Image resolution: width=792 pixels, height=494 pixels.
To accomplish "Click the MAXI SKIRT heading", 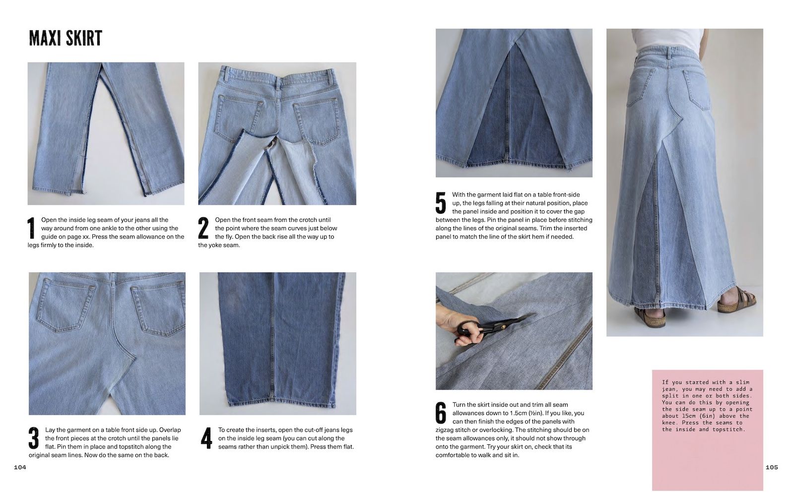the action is tap(66, 38).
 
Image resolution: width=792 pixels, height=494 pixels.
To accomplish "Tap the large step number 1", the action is tap(31, 228).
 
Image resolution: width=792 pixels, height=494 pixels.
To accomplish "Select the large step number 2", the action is tap(203, 228).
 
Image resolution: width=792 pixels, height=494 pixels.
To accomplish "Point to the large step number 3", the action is tap(34, 438).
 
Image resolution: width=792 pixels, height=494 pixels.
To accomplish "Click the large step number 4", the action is tap(206, 438).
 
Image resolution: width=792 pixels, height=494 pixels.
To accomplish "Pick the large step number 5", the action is tap(441, 203).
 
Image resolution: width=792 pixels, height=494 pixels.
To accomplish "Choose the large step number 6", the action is tap(441, 413).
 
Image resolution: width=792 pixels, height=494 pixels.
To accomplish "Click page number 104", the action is tap(20, 468).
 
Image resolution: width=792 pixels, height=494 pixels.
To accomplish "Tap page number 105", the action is tap(772, 468).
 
